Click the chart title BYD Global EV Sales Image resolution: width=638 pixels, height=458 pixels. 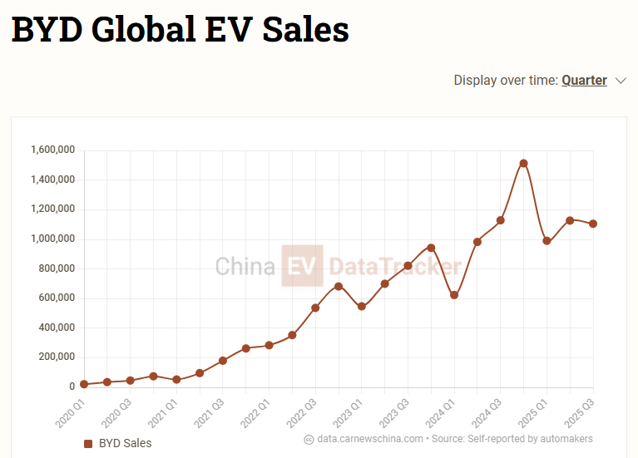[x=180, y=30]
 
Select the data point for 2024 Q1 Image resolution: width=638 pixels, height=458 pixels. [x=454, y=295]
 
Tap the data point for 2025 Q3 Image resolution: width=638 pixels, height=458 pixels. [x=593, y=224]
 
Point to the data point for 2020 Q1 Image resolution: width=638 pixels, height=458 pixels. [x=84, y=384]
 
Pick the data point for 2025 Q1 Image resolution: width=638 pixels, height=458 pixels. [x=547, y=241]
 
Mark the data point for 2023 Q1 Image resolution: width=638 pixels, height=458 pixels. [x=361, y=307]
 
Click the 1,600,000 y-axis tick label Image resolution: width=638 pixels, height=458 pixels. [x=52, y=150]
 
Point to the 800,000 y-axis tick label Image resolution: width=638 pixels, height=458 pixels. [x=56, y=268]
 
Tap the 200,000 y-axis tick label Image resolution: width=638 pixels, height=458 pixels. [x=56, y=357]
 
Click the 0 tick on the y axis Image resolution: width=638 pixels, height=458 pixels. [x=72, y=387]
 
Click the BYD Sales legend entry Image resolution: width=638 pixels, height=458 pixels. [x=118, y=444]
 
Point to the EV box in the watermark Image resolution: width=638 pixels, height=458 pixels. [x=302, y=266]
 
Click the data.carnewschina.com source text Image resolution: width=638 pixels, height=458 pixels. [x=370, y=439]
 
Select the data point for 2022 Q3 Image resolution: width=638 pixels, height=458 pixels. [x=315, y=308]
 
